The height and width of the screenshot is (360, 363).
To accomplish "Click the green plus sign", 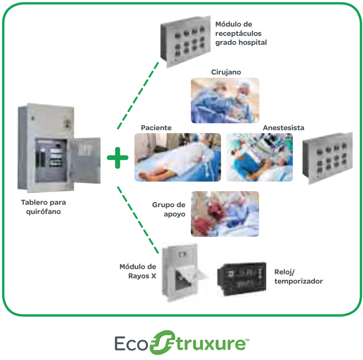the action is tap(117, 158).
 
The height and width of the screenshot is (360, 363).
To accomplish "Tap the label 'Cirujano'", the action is tap(226, 72).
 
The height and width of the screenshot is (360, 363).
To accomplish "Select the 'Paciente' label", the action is tap(156, 128).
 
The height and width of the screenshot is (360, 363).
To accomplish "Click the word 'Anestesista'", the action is tap(284, 128).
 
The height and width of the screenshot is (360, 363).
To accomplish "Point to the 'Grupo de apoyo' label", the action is tap(169, 209).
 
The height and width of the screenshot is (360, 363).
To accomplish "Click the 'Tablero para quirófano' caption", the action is tap(43, 207).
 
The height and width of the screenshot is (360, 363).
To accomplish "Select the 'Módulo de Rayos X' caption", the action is tap(138, 271).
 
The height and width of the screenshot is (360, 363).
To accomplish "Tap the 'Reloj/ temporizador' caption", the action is tap(298, 277).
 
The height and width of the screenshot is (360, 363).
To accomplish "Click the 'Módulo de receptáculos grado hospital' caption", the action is tap(241, 33).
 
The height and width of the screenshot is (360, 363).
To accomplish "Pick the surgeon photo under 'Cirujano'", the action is tap(225, 101).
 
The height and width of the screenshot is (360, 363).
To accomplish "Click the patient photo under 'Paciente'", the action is tap(177, 157).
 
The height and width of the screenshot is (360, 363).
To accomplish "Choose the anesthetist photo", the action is tap(259, 157).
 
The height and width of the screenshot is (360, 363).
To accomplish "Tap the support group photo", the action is tap(225, 214).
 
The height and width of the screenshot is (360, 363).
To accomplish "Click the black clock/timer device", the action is tap(242, 279).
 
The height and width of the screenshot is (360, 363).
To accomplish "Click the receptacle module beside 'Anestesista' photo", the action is tap(327, 158).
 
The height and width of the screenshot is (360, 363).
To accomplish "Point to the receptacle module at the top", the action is tap(186, 42).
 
